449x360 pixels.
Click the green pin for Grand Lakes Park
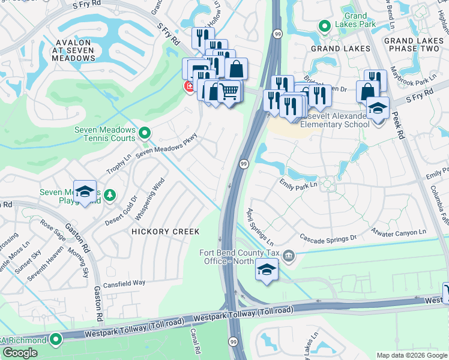pos(325,26)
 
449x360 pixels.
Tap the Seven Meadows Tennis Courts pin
pos(144,132)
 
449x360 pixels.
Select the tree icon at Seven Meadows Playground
pos(109,194)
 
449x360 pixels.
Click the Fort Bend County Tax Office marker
pos(289,257)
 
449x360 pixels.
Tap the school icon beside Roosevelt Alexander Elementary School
pos(378,110)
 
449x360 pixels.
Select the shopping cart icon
pos(230,91)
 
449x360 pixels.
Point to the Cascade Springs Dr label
pos(328,238)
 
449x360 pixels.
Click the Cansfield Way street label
pos(124,283)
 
